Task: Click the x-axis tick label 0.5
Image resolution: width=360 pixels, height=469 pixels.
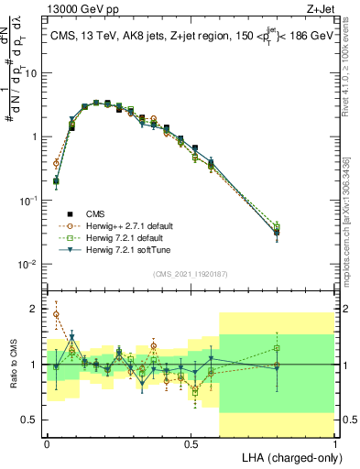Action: (x=191, y=443)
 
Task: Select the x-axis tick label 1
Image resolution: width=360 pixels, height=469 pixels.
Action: (x=335, y=443)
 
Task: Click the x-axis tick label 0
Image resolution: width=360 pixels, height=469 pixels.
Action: (x=47, y=443)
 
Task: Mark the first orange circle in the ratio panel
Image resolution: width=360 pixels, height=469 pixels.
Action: (x=56, y=314)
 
